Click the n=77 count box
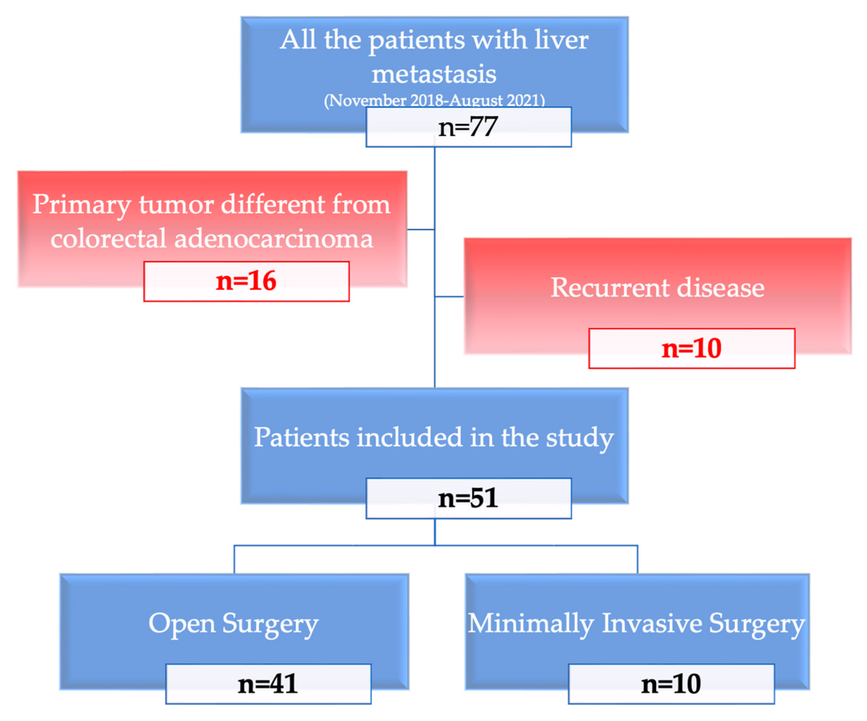pos(469,127)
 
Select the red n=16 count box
pos(246,281)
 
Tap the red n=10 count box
pos(691,349)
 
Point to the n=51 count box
pos(469,499)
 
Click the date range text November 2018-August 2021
pos(434,100)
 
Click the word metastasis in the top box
pos(434,74)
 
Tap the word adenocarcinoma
pos(273,239)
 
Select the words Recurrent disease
pos(657,288)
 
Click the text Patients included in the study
pos(434,438)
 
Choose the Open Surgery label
pos(234,623)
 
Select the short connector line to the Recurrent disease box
pos(449,297)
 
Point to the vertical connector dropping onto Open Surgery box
pos(234,560)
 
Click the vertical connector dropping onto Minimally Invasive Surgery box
pos(637,560)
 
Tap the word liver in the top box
pos(562,40)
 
